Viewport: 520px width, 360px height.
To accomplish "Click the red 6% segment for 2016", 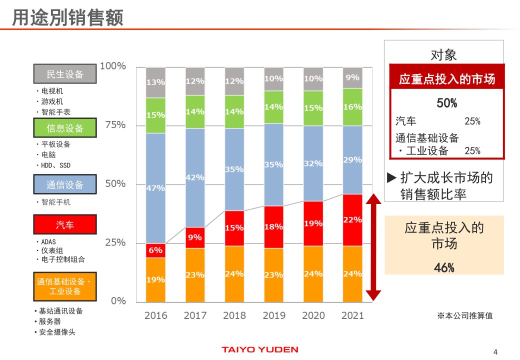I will pos(155,250).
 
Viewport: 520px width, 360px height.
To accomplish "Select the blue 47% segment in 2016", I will pos(155,188).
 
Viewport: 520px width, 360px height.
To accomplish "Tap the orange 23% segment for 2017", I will pos(195,274).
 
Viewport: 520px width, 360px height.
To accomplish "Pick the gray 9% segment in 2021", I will pos(352,77).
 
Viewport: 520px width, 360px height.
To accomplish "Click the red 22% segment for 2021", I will pos(352,219).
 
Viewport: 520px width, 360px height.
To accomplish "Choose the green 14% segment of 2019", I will pos(273,106).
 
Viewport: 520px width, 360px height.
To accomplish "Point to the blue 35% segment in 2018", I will pos(234,169).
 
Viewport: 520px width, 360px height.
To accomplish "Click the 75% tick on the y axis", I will pos(115,125).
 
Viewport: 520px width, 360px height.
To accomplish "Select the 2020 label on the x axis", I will pos(313,315).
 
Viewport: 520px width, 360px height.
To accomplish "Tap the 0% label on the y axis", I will pos(118,301).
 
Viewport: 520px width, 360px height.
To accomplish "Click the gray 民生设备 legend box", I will pos(65,74).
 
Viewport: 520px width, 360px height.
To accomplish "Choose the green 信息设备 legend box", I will pos(65,128).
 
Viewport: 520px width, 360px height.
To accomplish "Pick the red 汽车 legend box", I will pos(65,224).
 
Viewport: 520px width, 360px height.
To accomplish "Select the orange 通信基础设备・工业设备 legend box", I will pos(65,286).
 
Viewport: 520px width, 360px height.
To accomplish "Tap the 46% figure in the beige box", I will pos(444,267).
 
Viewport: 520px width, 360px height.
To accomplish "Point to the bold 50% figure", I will pos(446,103).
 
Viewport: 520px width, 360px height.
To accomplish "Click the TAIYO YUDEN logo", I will pos(260,349).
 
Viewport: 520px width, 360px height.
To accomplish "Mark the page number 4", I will pos(495,350).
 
